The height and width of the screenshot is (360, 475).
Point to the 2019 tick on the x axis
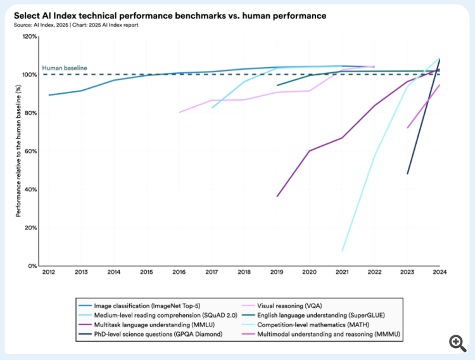(x=277, y=273)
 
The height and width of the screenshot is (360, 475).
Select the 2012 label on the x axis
(x=49, y=273)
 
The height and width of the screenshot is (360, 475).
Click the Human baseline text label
(x=65, y=68)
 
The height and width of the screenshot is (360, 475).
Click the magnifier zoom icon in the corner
(x=458, y=343)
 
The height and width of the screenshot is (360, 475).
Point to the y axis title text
(x=19, y=151)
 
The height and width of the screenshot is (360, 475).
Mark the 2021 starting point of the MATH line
(x=343, y=251)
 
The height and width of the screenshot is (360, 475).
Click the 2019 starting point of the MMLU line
(x=277, y=196)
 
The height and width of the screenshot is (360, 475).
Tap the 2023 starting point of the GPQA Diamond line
(x=407, y=174)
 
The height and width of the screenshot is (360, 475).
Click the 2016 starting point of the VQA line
(x=180, y=112)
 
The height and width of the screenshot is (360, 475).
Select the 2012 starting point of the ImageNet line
(x=49, y=95)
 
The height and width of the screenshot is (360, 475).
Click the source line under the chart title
(x=75, y=25)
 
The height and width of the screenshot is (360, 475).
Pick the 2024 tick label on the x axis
(x=440, y=273)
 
